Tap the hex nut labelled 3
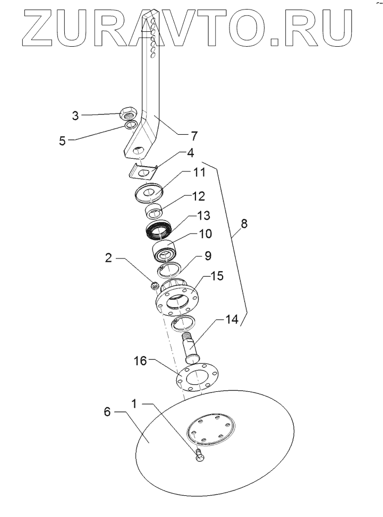pos(129,113)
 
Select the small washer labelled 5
pos(130,125)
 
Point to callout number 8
pos(244,225)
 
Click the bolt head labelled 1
pos(199,456)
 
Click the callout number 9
pos(208,256)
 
